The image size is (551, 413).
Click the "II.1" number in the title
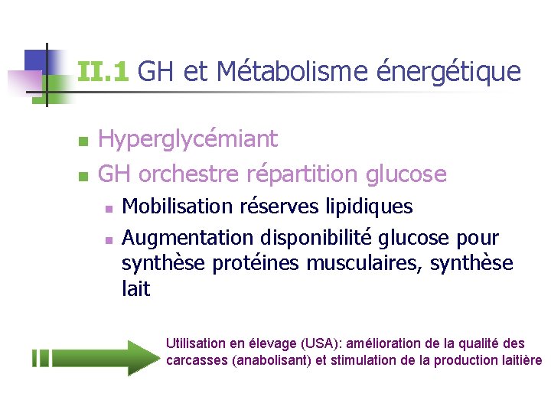pos(103,72)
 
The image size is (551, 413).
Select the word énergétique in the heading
pos(450,72)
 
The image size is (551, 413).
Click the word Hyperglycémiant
pos(188,139)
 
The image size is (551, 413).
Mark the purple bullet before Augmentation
pos(109,240)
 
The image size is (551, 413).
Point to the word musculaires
pos(364,264)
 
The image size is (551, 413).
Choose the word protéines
pos(257,264)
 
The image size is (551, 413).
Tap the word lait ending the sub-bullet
pos(136,289)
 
